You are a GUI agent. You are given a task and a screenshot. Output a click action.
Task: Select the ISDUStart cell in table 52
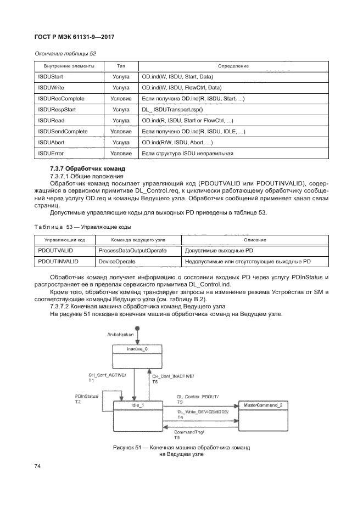[x=50, y=77]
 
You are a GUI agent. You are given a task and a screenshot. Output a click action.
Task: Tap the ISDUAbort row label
[x=51, y=142]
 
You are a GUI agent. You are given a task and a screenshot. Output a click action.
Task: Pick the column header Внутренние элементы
[x=62, y=66]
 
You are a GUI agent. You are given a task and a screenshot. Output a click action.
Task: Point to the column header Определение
[x=233, y=66]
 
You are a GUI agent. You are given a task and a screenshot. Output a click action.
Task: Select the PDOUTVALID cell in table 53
[x=52, y=251]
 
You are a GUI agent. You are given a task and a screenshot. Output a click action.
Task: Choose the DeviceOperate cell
[x=114, y=262]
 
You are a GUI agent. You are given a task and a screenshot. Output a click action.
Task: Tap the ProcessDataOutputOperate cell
[x=132, y=251]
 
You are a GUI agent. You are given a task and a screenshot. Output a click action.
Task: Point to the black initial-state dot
[x=138, y=329]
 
